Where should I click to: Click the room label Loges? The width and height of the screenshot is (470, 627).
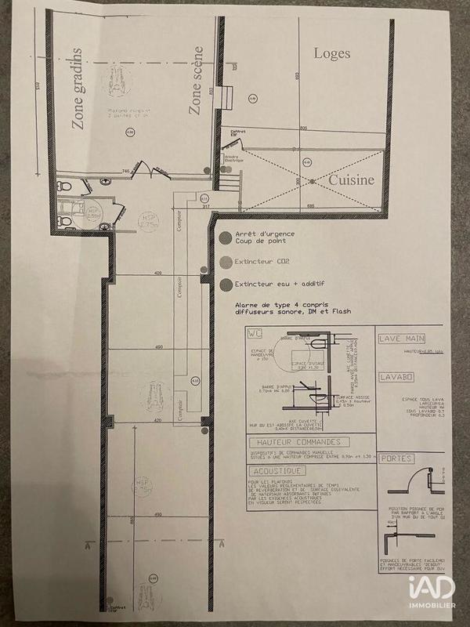click(331, 53)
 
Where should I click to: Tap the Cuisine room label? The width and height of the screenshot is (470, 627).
click(351, 179)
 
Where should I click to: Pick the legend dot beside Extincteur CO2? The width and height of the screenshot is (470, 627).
click(225, 261)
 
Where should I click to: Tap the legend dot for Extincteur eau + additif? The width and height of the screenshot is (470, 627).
click(225, 284)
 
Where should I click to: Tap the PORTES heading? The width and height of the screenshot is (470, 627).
click(394, 457)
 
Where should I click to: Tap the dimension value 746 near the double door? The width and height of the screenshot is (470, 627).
click(124, 171)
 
